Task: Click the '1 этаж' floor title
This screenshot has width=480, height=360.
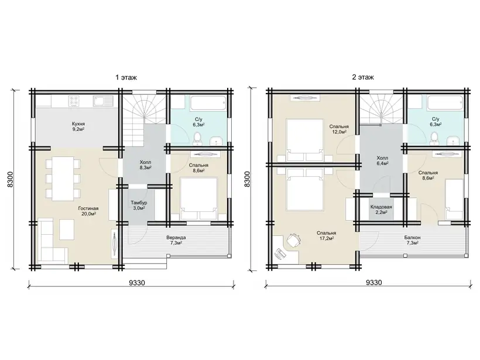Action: pos(126,77)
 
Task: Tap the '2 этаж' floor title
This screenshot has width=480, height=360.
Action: pos(363,77)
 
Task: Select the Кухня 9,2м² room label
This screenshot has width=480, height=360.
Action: pos(78,126)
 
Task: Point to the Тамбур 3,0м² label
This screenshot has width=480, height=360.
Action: pos(139,205)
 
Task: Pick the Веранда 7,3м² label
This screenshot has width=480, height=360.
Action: pos(176,240)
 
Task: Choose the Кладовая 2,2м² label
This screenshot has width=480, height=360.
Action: pos(381,210)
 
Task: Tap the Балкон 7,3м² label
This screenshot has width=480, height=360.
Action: pos(412,240)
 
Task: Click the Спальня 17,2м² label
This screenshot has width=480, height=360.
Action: pos(326,235)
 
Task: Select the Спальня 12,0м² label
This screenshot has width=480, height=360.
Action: pos(339,129)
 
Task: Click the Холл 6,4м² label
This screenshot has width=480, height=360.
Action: pos(382,160)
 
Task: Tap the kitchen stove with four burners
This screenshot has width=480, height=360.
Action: pos(74,101)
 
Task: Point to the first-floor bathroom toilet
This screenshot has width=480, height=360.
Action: pos(197,139)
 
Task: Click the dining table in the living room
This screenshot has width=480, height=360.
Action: pos(63,179)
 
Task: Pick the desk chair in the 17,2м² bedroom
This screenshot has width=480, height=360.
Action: pos(294,239)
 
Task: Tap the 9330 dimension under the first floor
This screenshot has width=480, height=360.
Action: pos(136,283)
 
